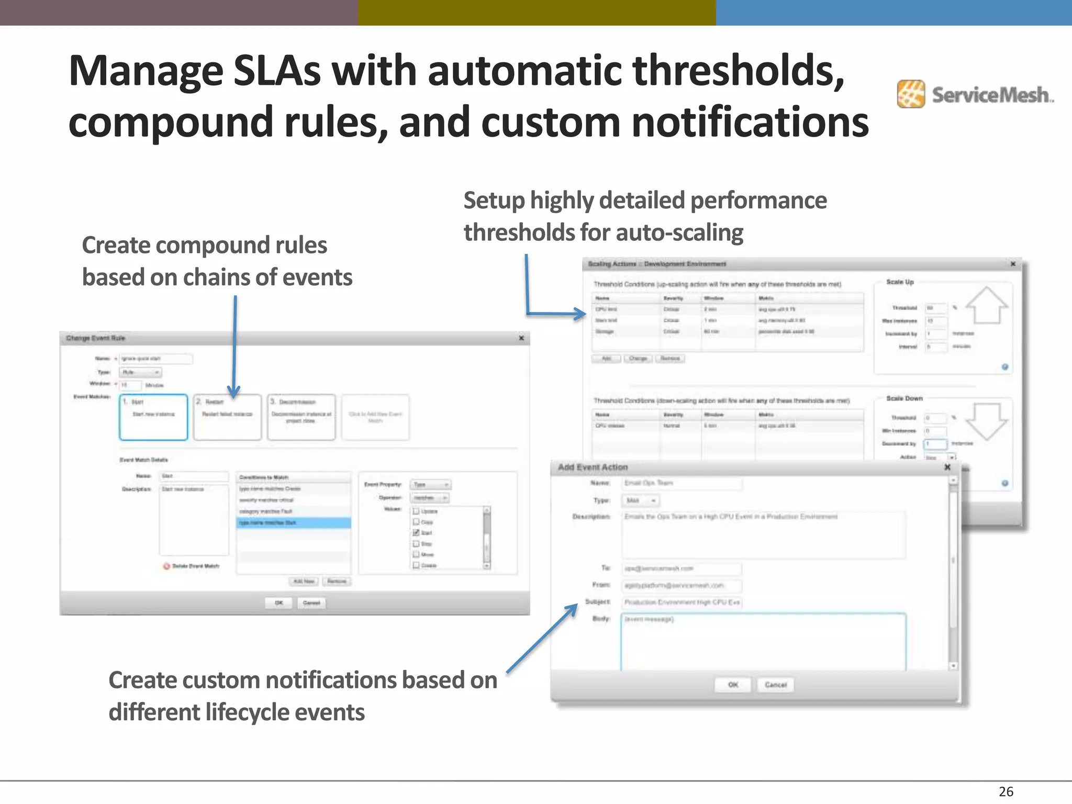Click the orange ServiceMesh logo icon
[x=911, y=94]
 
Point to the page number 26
[x=1006, y=791]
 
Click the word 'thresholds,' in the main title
[x=738, y=71]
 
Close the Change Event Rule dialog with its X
[x=521, y=338]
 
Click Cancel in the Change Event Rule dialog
[x=311, y=603]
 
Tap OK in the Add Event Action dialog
[x=733, y=685]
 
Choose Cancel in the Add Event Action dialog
[x=775, y=685]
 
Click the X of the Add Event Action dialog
[x=947, y=467]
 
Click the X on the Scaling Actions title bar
[x=1012, y=264]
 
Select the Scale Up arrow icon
[x=986, y=306]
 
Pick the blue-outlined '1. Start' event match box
[x=153, y=417]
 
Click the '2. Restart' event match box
[x=227, y=417]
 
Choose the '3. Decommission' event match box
[x=301, y=417]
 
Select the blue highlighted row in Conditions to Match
[x=293, y=523]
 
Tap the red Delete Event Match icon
[x=166, y=566]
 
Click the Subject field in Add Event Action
[x=682, y=602]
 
